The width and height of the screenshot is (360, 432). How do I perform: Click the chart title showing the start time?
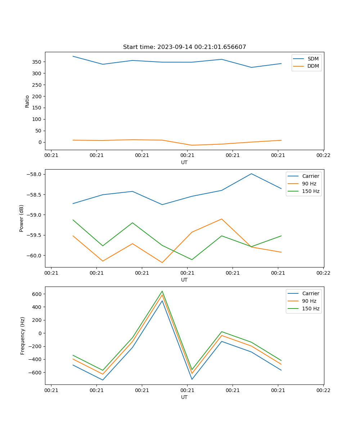pos(184,47)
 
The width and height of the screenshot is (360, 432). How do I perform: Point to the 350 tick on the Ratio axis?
pos(37,62)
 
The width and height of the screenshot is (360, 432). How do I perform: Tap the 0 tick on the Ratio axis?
pos(40,142)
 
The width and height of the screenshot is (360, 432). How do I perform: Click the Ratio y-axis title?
pos(27,101)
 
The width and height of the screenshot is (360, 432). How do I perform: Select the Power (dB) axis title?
pos(22,218)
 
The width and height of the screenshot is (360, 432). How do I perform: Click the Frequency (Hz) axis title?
pos(22,336)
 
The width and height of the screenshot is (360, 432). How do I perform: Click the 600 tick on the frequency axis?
pos(37,294)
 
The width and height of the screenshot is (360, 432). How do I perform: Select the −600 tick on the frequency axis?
pos(36,373)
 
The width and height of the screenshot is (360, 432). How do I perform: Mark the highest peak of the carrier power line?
pos(251,174)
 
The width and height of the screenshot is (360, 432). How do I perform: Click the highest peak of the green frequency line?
pos(162,291)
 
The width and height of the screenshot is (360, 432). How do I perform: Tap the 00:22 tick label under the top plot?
pos(323,156)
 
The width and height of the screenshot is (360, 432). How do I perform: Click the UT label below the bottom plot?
pos(184,397)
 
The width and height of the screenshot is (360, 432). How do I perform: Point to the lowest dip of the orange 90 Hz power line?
pos(162,262)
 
